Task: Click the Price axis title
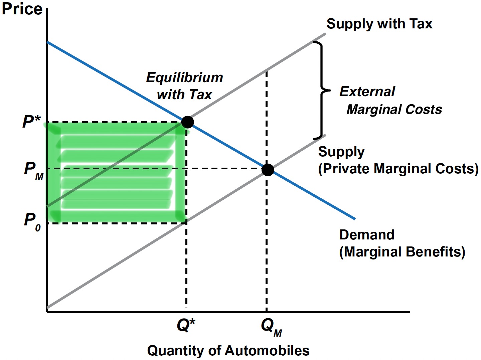(22, 9)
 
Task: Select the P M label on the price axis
(33, 170)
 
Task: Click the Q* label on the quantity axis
(186, 325)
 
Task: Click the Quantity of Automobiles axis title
(228, 351)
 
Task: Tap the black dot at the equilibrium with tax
(187, 122)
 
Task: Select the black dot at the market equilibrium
(268, 170)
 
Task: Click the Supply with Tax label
(379, 24)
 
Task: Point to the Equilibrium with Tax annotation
(184, 86)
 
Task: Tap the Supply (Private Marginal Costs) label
(397, 160)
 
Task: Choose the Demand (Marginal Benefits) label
(402, 243)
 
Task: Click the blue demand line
(117, 82)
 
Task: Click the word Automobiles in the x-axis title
(267, 351)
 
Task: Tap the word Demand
(367, 235)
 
